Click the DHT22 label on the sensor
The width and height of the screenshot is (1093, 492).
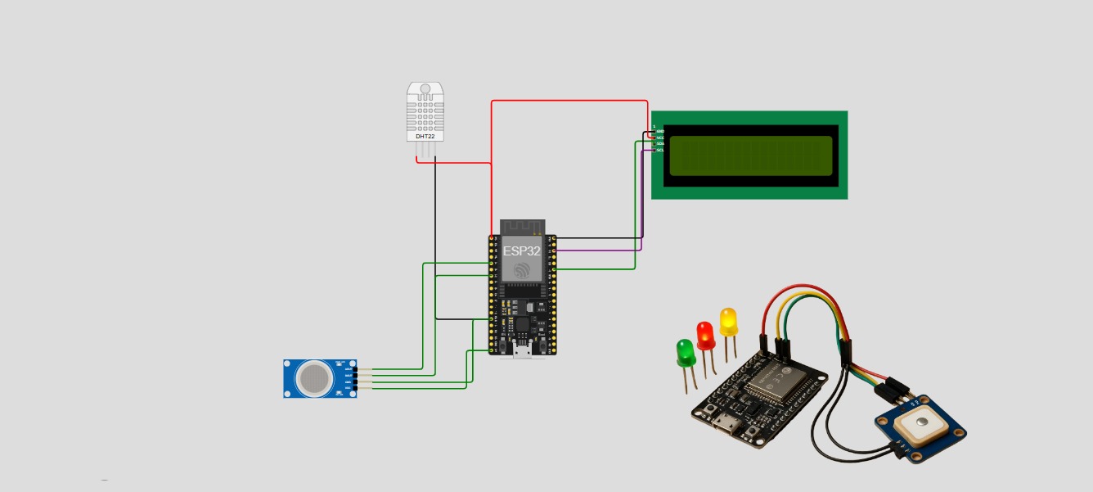click(x=425, y=136)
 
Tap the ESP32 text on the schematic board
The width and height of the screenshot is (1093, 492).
click(x=521, y=251)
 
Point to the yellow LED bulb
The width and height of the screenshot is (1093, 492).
click(x=728, y=321)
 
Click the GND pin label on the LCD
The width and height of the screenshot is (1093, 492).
click(x=660, y=131)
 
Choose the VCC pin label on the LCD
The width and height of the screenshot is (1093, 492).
click(x=660, y=138)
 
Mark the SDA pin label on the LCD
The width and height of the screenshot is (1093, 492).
click(x=660, y=144)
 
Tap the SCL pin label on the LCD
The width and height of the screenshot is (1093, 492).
click(x=660, y=151)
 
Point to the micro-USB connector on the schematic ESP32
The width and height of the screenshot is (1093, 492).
click(x=522, y=353)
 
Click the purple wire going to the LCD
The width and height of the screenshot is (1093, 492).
click(x=605, y=250)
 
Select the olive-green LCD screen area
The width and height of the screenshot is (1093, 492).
click(x=751, y=156)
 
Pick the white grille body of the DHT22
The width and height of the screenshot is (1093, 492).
click(x=425, y=110)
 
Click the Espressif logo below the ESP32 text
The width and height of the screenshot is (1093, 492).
click(x=522, y=271)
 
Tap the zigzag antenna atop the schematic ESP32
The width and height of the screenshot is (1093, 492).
click(x=522, y=226)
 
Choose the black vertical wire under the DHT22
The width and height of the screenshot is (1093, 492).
click(x=435, y=237)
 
